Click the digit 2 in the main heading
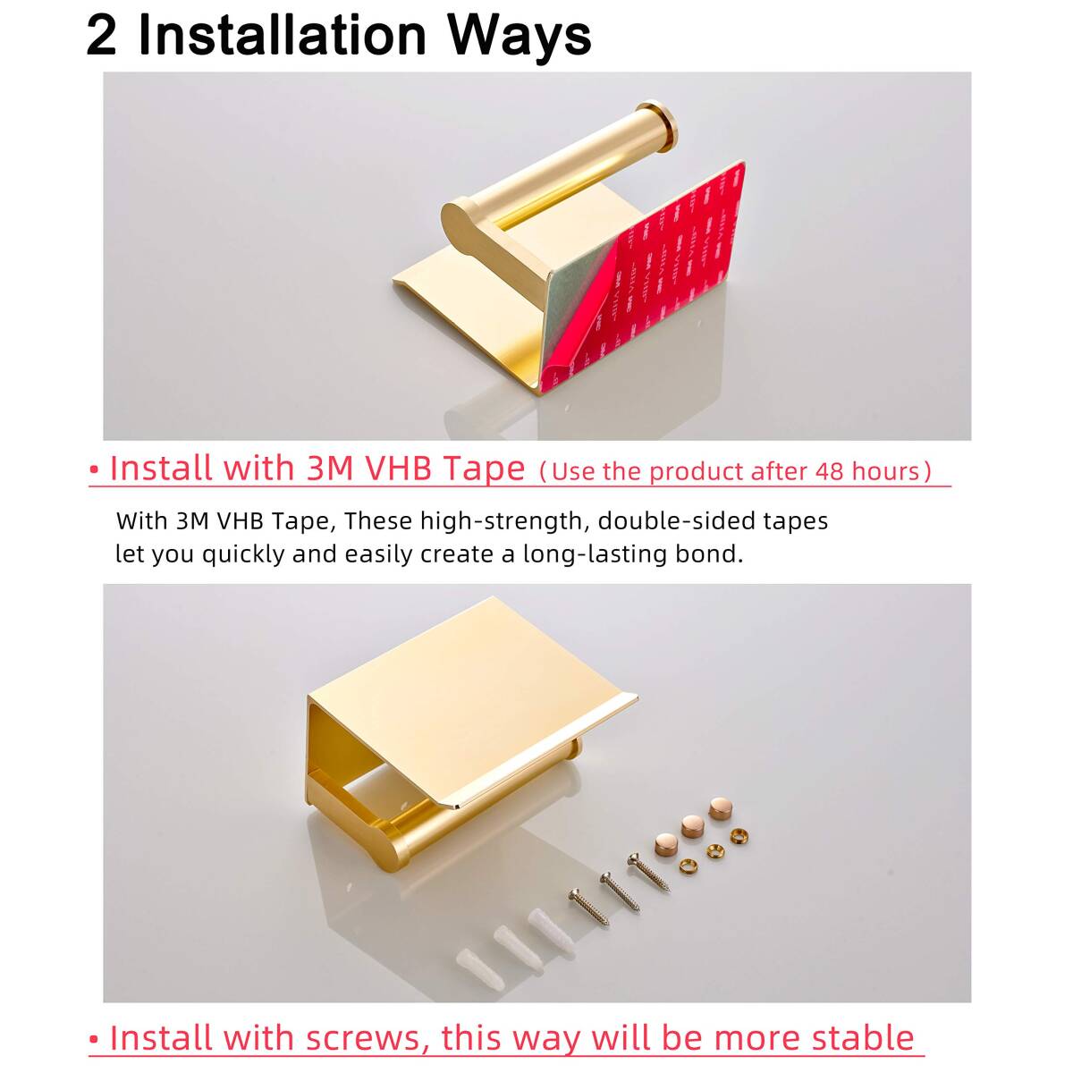click(x=101, y=36)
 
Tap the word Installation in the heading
click(x=283, y=36)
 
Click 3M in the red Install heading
click(x=330, y=468)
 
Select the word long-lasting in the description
click(x=596, y=554)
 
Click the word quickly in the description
click(x=243, y=555)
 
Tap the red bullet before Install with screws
click(x=94, y=1040)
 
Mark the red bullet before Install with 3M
click(x=94, y=470)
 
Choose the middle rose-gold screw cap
click(x=692, y=827)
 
